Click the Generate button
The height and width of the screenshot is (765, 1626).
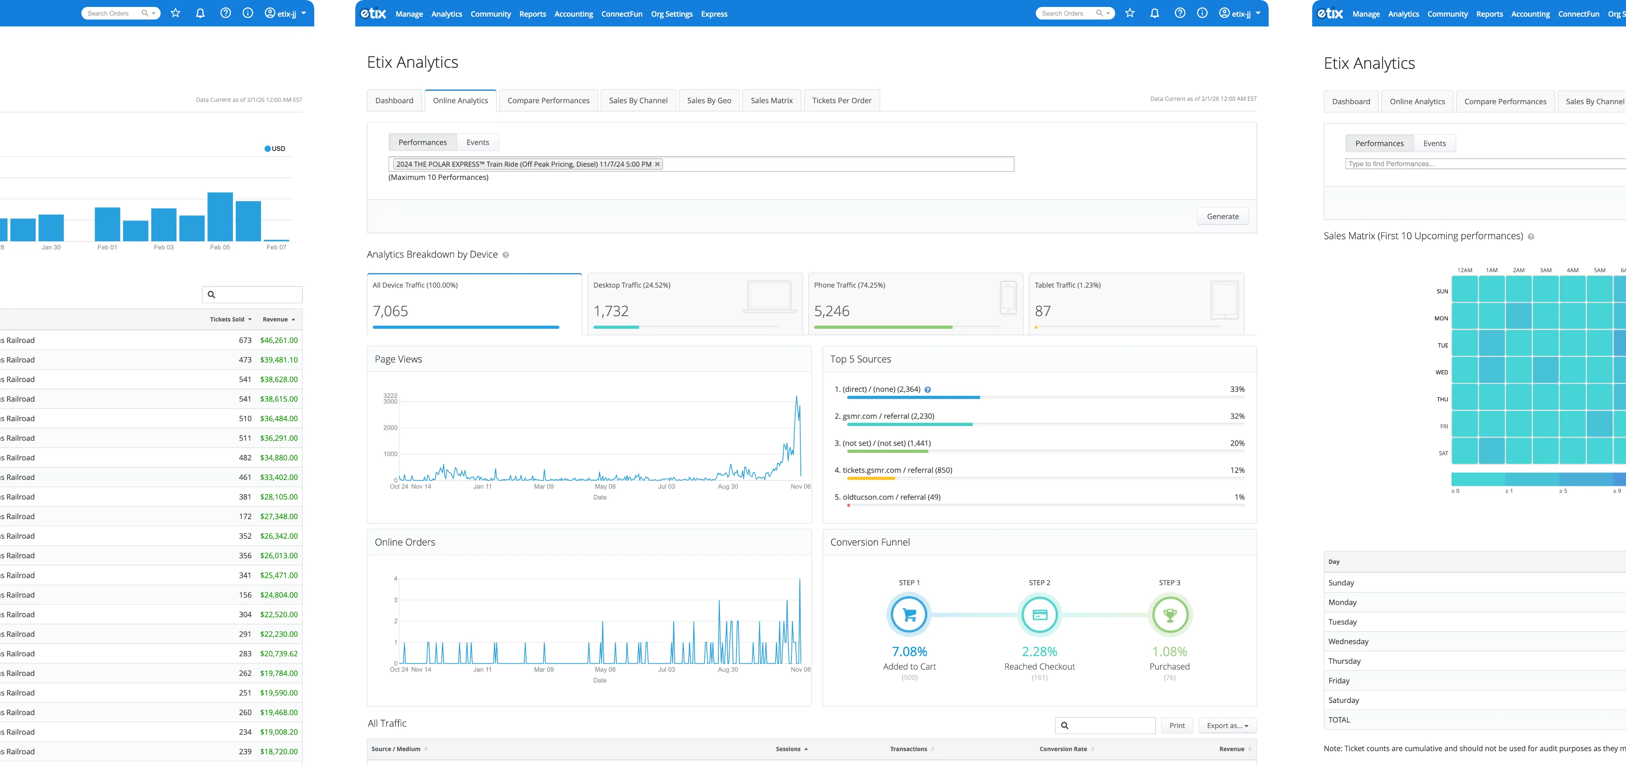[1222, 216]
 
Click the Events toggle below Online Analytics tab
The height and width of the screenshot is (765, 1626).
[477, 142]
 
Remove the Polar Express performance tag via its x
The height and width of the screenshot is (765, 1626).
[657, 164]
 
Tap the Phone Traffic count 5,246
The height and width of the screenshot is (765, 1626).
[831, 311]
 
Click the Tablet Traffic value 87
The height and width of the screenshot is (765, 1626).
[1042, 311]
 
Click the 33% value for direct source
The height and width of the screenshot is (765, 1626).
[1237, 389]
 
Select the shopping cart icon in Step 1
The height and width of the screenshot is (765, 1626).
[909, 615]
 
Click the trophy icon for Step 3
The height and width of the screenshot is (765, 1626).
[1169, 615]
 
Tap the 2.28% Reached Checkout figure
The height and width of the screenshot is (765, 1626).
[1039, 651]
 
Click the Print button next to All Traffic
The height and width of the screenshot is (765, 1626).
[1176, 725]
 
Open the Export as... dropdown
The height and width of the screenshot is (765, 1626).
[1227, 725]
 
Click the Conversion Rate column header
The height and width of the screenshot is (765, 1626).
[1063, 749]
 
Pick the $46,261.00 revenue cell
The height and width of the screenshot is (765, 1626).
[278, 340]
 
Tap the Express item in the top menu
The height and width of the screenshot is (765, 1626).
[713, 14]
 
